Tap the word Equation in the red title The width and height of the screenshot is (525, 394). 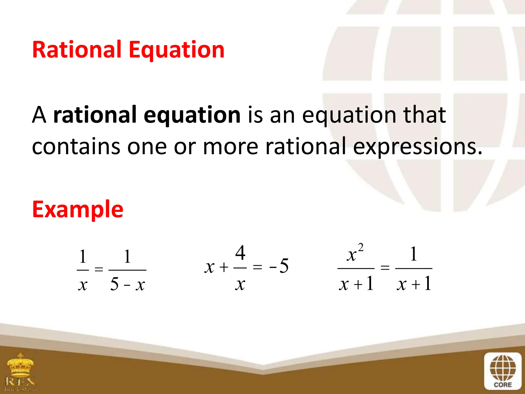[176, 50]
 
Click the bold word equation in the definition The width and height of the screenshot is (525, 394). [192, 115]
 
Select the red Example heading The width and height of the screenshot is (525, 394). [78, 209]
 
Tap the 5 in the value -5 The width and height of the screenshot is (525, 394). [284, 266]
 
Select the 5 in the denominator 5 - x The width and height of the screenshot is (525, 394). [114, 284]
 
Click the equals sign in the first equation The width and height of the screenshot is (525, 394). [99, 269]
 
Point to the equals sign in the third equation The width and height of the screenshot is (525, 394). [385, 268]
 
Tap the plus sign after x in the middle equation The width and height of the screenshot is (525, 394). [224, 267]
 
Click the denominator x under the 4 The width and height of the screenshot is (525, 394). [240, 284]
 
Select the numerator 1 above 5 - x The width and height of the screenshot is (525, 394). [127, 256]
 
